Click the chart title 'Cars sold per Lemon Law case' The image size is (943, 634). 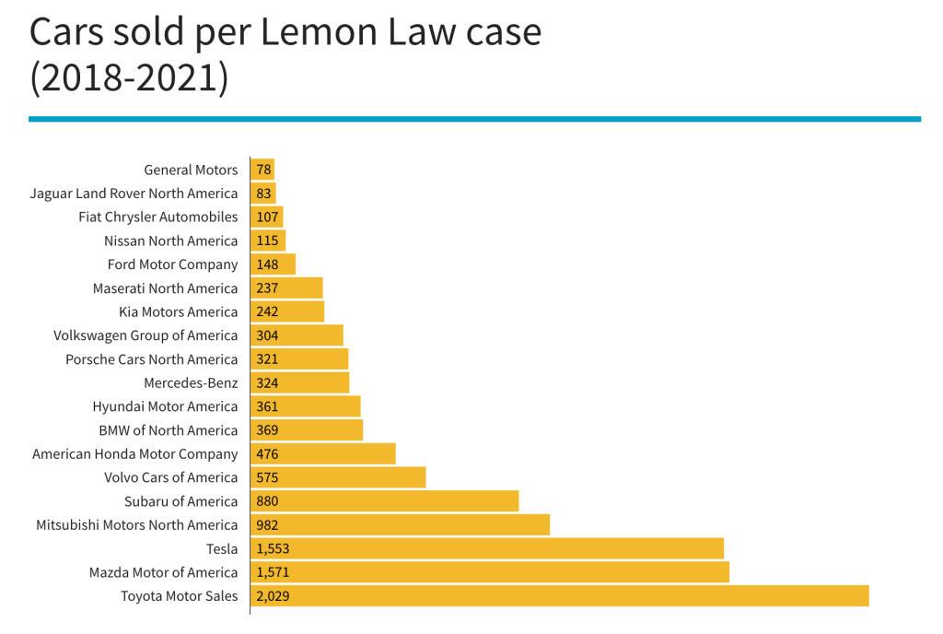pyautogui.click(x=285, y=32)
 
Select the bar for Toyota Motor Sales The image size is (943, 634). pyautogui.click(x=559, y=596)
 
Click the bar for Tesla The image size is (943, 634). pyautogui.click(x=486, y=548)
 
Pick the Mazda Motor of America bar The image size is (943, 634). pyautogui.click(x=489, y=572)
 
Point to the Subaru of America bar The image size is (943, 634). pyautogui.click(x=384, y=501)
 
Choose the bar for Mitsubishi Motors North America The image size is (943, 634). pyautogui.click(x=400, y=525)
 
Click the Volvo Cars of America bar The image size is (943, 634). pyautogui.click(x=338, y=477)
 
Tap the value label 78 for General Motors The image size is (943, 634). pyautogui.click(x=264, y=170)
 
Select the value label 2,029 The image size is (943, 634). pyautogui.click(x=274, y=596)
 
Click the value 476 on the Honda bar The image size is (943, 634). pyautogui.click(x=268, y=454)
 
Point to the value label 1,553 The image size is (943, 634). pyautogui.click(x=274, y=548)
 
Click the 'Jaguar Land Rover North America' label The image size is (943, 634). pyautogui.click(x=134, y=194)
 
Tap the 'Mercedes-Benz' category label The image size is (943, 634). pyautogui.click(x=191, y=383)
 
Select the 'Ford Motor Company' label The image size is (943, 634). pyautogui.click(x=172, y=264)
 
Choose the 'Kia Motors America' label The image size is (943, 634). pyautogui.click(x=179, y=312)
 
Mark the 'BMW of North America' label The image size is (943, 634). pyautogui.click(x=168, y=430)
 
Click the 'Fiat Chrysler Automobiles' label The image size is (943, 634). pyautogui.click(x=158, y=217)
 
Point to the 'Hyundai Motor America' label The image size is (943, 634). pyautogui.click(x=165, y=406)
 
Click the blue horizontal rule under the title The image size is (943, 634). pyautogui.click(x=474, y=119)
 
